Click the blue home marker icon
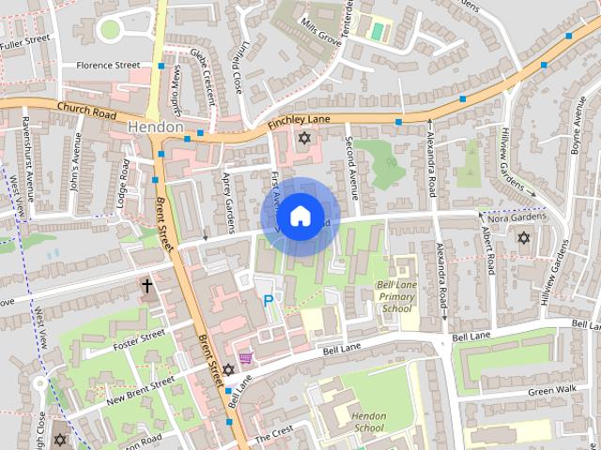point(299,217)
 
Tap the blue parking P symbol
point(269,301)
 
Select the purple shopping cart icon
point(246,357)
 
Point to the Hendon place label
point(153,126)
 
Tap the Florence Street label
point(108,66)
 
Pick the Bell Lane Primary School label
point(395,295)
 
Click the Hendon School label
point(365,422)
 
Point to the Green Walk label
point(552,391)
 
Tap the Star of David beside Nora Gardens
point(523,238)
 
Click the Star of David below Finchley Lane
point(302,139)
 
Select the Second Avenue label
point(352,170)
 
